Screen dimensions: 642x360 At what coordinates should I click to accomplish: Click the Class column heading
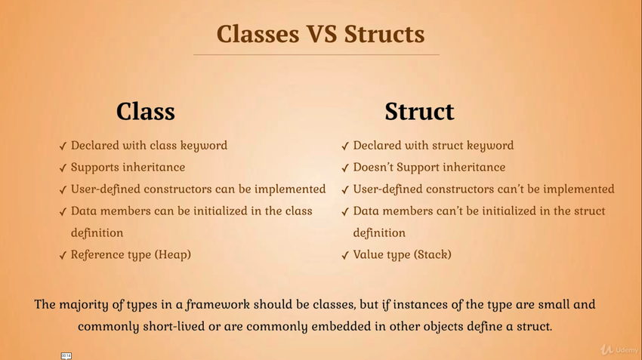145,111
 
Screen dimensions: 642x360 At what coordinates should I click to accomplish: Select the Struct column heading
419,111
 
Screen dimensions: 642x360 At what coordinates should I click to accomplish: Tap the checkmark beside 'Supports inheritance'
63,168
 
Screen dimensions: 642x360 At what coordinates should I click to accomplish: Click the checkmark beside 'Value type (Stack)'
345,255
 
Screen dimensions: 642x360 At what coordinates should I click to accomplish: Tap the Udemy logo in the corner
619,349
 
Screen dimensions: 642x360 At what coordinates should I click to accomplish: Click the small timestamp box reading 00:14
66,356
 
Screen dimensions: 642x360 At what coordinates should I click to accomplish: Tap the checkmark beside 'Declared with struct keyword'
345,146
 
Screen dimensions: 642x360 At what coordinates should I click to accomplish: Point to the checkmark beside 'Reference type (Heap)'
63,255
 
